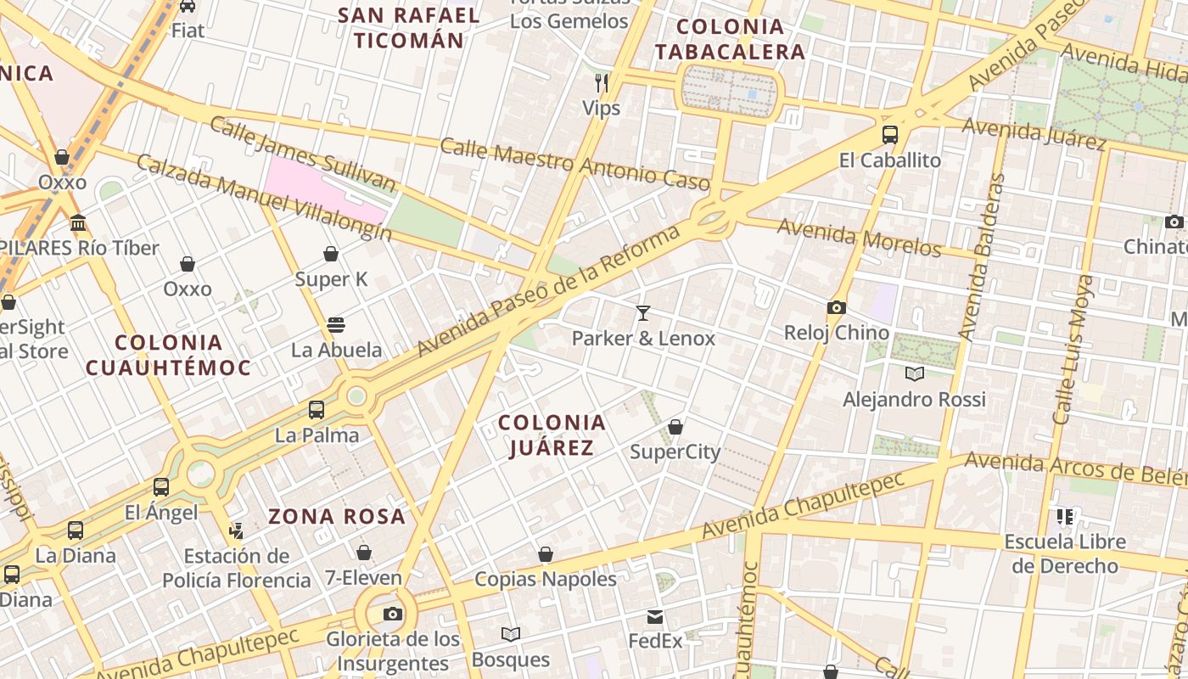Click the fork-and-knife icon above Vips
(602, 82)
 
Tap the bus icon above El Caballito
(890, 134)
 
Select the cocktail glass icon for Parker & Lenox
(643, 313)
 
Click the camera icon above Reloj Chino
(837, 307)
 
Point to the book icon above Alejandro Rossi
(915, 373)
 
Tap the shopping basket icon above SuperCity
(675, 426)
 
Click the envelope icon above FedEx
(655, 616)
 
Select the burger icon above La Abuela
(336, 324)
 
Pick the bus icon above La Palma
(317, 410)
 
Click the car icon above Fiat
(188, 6)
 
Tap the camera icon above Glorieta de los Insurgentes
(393, 614)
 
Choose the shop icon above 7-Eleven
(364, 553)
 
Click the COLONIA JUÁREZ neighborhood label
(552, 435)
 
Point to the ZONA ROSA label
(337, 515)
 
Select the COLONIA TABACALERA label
(730, 39)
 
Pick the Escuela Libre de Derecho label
(1065, 553)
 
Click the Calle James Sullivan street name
(302, 154)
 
